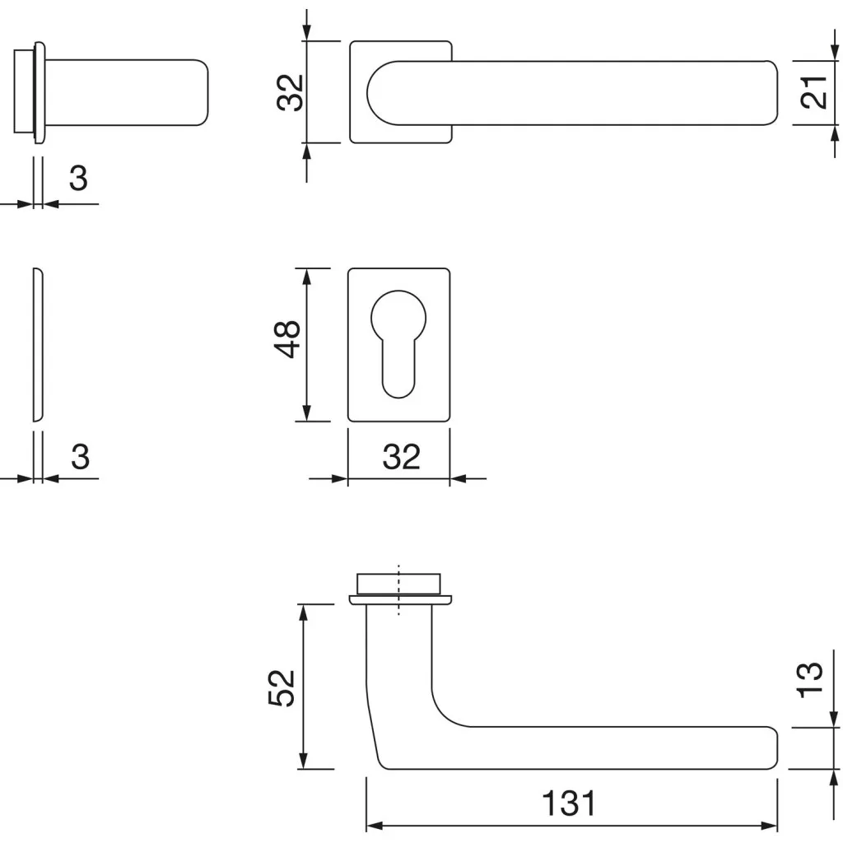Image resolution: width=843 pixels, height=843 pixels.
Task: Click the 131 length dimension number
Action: [569, 803]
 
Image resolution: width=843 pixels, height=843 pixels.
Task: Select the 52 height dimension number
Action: [282, 688]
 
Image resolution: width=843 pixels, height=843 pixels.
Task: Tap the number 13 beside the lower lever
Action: [810, 680]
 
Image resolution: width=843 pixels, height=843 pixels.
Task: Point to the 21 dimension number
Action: [813, 92]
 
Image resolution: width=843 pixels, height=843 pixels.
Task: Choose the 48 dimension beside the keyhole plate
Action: [287, 339]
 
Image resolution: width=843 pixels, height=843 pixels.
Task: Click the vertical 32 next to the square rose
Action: [290, 92]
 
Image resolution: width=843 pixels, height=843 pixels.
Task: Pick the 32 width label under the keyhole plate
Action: [401, 457]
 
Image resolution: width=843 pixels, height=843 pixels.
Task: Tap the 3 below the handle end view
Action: [78, 178]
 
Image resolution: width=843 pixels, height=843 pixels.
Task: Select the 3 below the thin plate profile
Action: [80, 457]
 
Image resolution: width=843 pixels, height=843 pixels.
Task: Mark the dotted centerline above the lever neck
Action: [398, 589]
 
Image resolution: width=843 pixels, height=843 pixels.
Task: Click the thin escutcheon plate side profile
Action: [38, 345]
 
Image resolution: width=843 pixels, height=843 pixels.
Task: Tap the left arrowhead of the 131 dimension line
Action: [375, 825]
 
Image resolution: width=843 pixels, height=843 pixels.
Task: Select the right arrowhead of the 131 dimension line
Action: [769, 825]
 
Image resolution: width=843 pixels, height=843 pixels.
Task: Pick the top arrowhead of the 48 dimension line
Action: [307, 277]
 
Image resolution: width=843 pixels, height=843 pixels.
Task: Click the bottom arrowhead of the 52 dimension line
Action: [303, 761]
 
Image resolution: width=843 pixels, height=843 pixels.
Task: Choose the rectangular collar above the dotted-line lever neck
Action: [398, 584]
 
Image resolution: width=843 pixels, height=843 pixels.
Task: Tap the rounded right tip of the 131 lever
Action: [774, 748]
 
